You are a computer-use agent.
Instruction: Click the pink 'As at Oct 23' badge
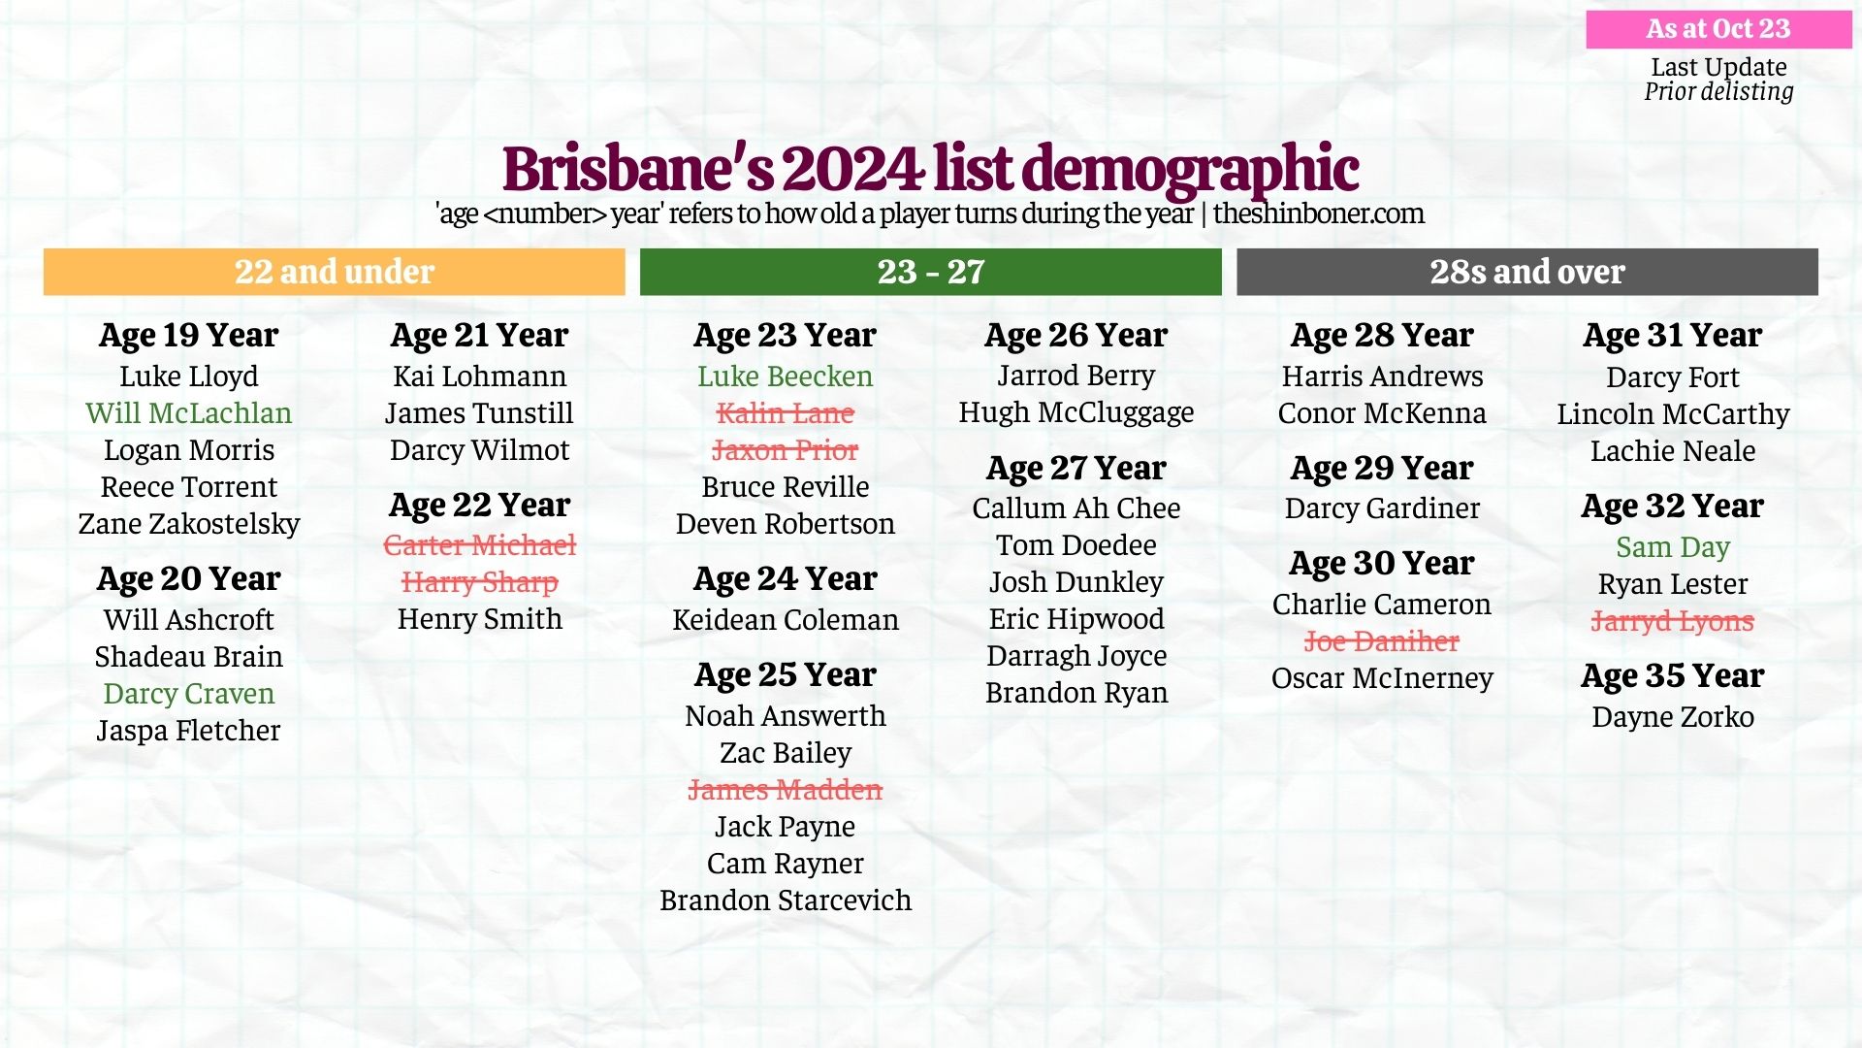click(1718, 29)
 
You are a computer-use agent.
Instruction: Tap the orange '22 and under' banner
click(335, 272)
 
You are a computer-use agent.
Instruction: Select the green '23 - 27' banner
click(931, 272)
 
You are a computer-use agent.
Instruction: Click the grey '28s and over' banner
click(1527, 272)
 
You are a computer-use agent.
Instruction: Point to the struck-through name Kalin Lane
click(786, 413)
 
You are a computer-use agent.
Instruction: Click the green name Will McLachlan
click(189, 413)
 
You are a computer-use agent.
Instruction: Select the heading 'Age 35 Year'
click(1673, 675)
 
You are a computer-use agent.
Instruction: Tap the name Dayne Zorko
click(1673, 717)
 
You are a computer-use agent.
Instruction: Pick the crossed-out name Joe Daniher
click(1382, 641)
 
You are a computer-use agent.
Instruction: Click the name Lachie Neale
click(1673, 451)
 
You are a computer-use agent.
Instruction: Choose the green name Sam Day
click(1673, 547)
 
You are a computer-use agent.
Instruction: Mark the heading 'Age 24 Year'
click(786, 578)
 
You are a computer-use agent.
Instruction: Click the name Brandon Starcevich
click(786, 901)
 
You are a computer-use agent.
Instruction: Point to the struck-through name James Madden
click(786, 790)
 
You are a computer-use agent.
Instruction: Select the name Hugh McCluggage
click(1076, 412)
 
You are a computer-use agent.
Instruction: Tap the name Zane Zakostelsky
click(189, 524)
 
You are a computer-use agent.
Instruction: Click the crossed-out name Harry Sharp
click(480, 582)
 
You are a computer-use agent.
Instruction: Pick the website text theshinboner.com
click(1319, 213)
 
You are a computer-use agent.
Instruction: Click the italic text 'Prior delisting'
click(1718, 92)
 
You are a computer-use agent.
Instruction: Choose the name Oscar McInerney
click(1382, 678)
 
